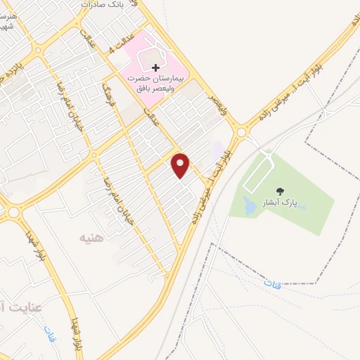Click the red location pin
[181, 165]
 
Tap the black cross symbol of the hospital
[155, 67]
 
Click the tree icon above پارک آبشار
[281, 191]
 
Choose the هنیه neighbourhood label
[91, 238]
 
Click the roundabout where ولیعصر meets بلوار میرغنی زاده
[242, 130]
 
